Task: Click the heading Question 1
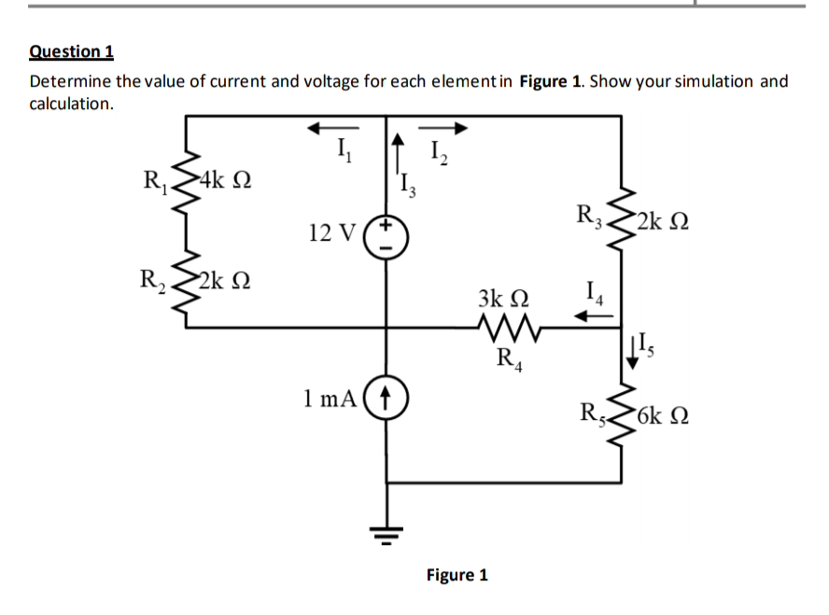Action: pyautogui.click(x=71, y=51)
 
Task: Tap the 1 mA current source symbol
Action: pyautogui.click(x=387, y=398)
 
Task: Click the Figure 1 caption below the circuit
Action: pyautogui.click(x=457, y=575)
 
